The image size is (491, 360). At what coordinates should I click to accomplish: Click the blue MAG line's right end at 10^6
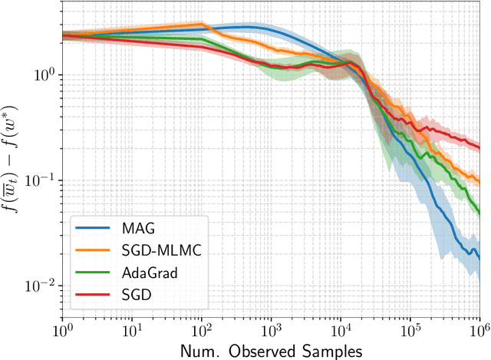tap(479, 259)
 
